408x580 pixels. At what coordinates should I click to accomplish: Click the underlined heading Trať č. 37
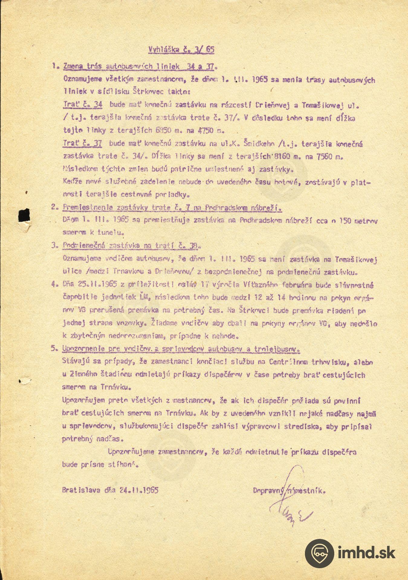[82, 144]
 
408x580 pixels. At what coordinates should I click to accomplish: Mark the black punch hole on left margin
[24, 215]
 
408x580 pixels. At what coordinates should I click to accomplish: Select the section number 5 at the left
[53, 349]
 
